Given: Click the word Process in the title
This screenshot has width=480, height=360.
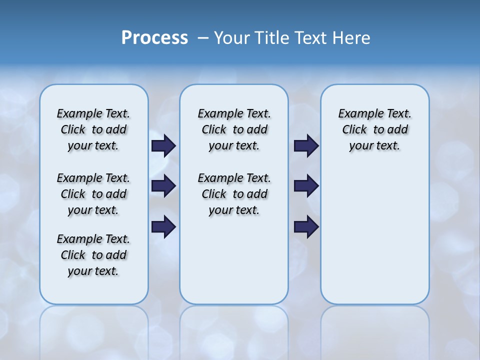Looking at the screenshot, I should [x=154, y=38].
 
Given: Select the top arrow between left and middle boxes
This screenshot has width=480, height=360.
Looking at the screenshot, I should [x=163, y=145].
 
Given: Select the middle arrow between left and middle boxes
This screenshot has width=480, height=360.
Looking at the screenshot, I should [x=163, y=186].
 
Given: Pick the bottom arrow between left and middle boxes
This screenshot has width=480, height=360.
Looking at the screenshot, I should [x=163, y=226].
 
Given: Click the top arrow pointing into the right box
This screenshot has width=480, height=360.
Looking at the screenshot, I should [x=306, y=145].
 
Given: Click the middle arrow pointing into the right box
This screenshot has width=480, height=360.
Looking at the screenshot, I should [x=306, y=186].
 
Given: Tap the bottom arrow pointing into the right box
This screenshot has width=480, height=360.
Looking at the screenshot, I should [x=306, y=226].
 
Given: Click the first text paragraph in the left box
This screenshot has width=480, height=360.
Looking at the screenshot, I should [x=93, y=129].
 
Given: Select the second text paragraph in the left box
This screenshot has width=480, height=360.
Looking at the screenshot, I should [x=93, y=194].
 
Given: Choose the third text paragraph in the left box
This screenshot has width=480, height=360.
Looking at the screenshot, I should [x=93, y=255].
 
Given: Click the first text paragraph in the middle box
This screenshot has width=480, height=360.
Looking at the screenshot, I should [x=234, y=129].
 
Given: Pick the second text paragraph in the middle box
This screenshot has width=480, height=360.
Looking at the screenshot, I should [x=234, y=194].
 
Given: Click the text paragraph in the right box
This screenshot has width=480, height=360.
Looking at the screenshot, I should [x=374, y=129].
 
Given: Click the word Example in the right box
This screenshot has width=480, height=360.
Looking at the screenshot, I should [x=356, y=113].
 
